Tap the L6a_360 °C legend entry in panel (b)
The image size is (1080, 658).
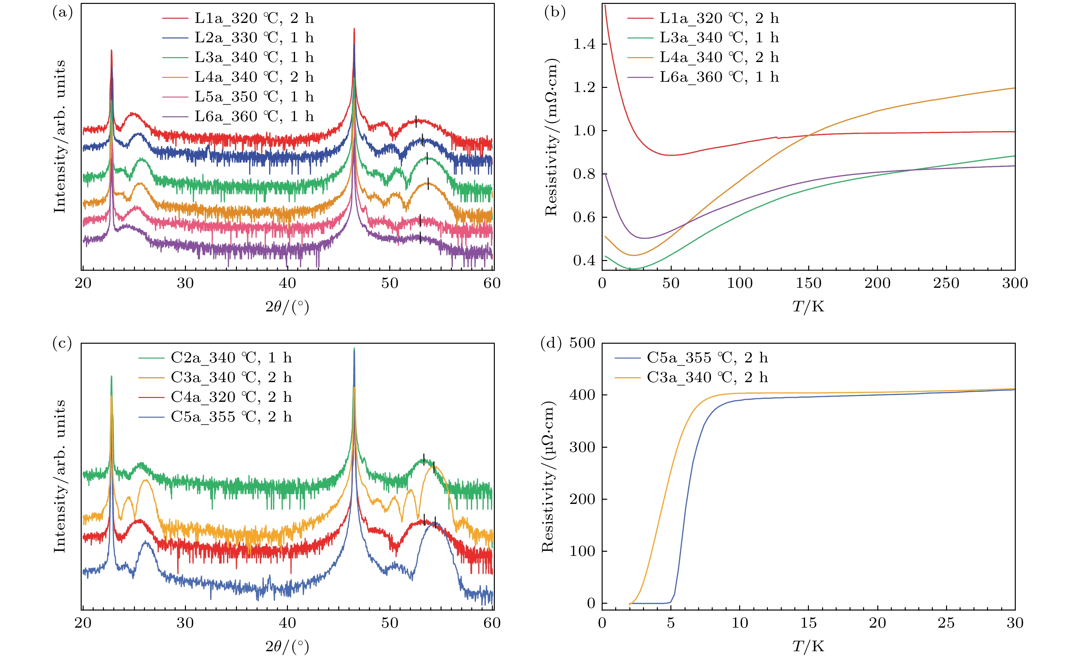pos(719,77)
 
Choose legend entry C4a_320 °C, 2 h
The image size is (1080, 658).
pos(231,397)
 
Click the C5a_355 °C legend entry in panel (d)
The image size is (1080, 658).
pos(707,358)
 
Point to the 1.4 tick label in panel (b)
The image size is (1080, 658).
pos(584,44)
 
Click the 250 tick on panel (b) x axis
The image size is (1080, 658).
pos(946,283)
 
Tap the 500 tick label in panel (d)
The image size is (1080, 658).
pos(582,343)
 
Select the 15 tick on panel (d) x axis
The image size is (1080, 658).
pos(808,623)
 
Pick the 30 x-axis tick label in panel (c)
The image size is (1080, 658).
pos(185,623)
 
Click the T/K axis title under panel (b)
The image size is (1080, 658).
pos(808,306)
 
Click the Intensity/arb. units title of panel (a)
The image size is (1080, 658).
pos(60,137)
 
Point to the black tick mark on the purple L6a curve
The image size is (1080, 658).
pos(420,238)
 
